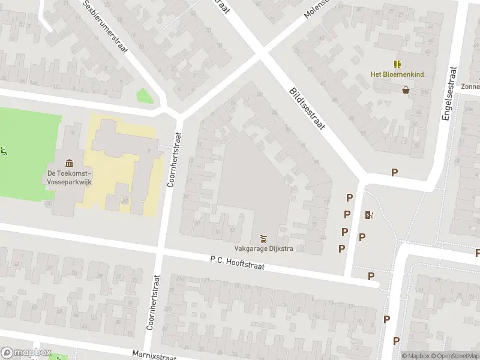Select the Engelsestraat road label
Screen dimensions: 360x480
point(449,94)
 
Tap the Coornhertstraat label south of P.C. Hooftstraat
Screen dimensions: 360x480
point(151,303)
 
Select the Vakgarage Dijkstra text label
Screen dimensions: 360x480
point(263,249)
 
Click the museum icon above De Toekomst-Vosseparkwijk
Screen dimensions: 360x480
point(69,163)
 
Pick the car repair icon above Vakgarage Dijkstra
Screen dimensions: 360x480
point(263,238)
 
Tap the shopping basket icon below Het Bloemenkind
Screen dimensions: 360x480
point(406,90)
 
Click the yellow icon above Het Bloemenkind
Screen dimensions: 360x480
point(397,64)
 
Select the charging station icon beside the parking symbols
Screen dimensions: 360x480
point(368,215)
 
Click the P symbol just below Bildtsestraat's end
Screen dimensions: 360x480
point(394,173)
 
